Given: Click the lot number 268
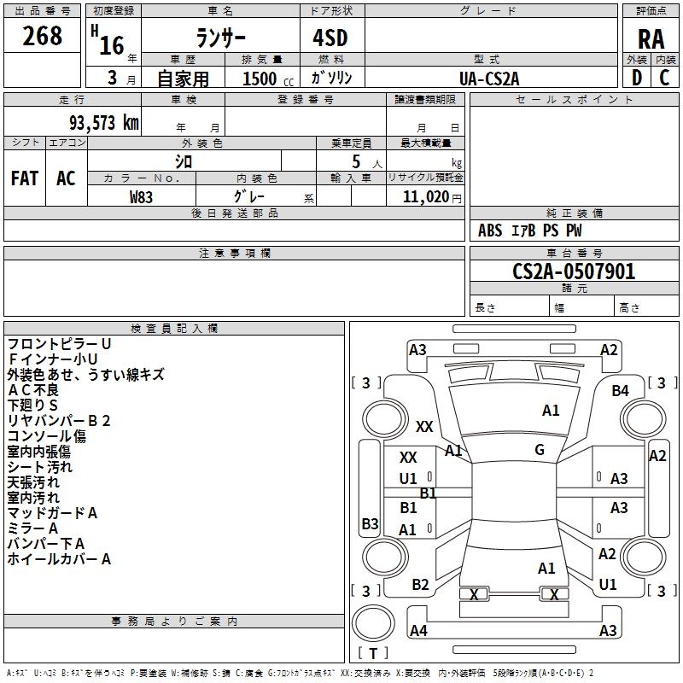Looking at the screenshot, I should pos(43,37).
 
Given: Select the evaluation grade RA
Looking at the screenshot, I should pos(651,38).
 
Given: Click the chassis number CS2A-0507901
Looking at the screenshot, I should pos(574,271).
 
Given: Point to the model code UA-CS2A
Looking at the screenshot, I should pos(489,79).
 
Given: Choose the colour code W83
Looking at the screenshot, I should pos(142,196).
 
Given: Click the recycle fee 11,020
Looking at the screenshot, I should pos(425,196).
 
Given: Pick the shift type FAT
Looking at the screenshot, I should pos(25,178).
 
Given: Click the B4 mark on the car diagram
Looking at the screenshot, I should pos(620,390).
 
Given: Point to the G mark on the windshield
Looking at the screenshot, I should pos(540,450).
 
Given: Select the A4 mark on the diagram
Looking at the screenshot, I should pos(418,631).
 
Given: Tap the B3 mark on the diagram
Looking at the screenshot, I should pos(370,523).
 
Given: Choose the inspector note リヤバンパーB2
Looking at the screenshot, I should pos(59,421).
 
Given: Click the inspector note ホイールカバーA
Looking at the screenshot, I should pos(59,559).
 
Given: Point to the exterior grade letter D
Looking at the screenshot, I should pos(636,78).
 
